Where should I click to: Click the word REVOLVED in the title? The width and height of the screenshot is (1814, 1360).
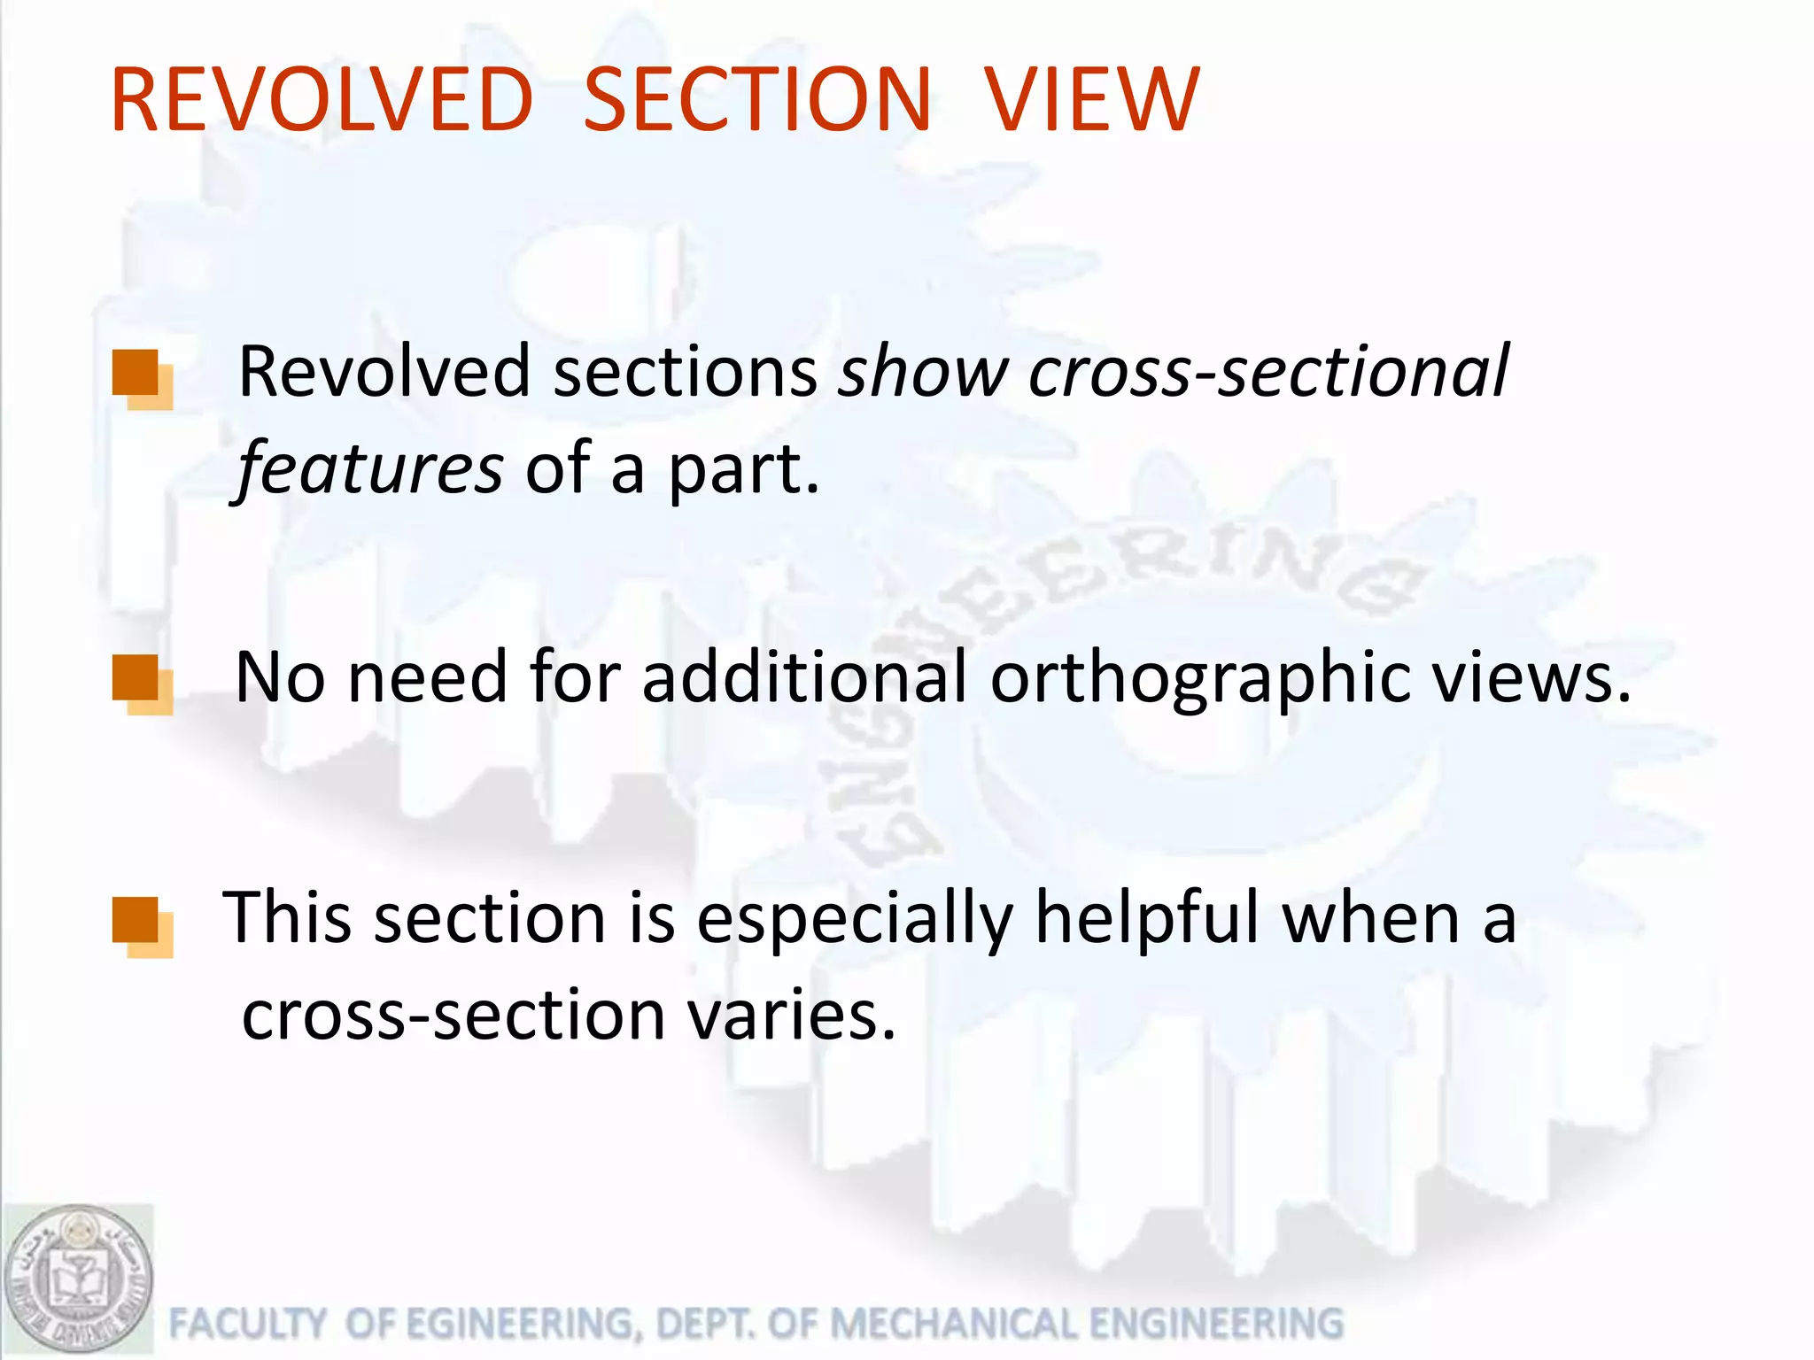click(x=322, y=101)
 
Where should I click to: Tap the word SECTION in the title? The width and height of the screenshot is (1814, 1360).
click(x=757, y=101)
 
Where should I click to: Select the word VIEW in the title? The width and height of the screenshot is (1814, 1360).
click(x=1092, y=101)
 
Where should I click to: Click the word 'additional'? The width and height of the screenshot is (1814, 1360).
click(x=804, y=678)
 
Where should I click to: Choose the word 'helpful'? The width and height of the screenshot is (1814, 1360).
click(x=1147, y=918)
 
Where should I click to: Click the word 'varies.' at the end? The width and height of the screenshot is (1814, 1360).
click(x=791, y=1016)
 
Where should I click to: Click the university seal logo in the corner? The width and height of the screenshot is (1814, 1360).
click(x=78, y=1280)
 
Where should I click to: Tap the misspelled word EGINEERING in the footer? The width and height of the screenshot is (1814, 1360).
click(x=522, y=1325)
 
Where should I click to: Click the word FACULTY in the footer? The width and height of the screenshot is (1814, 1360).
click(x=247, y=1325)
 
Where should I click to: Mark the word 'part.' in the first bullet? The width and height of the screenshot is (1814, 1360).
click(x=743, y=469)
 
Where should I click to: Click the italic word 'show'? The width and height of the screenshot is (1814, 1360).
click(x=923, y=372)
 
